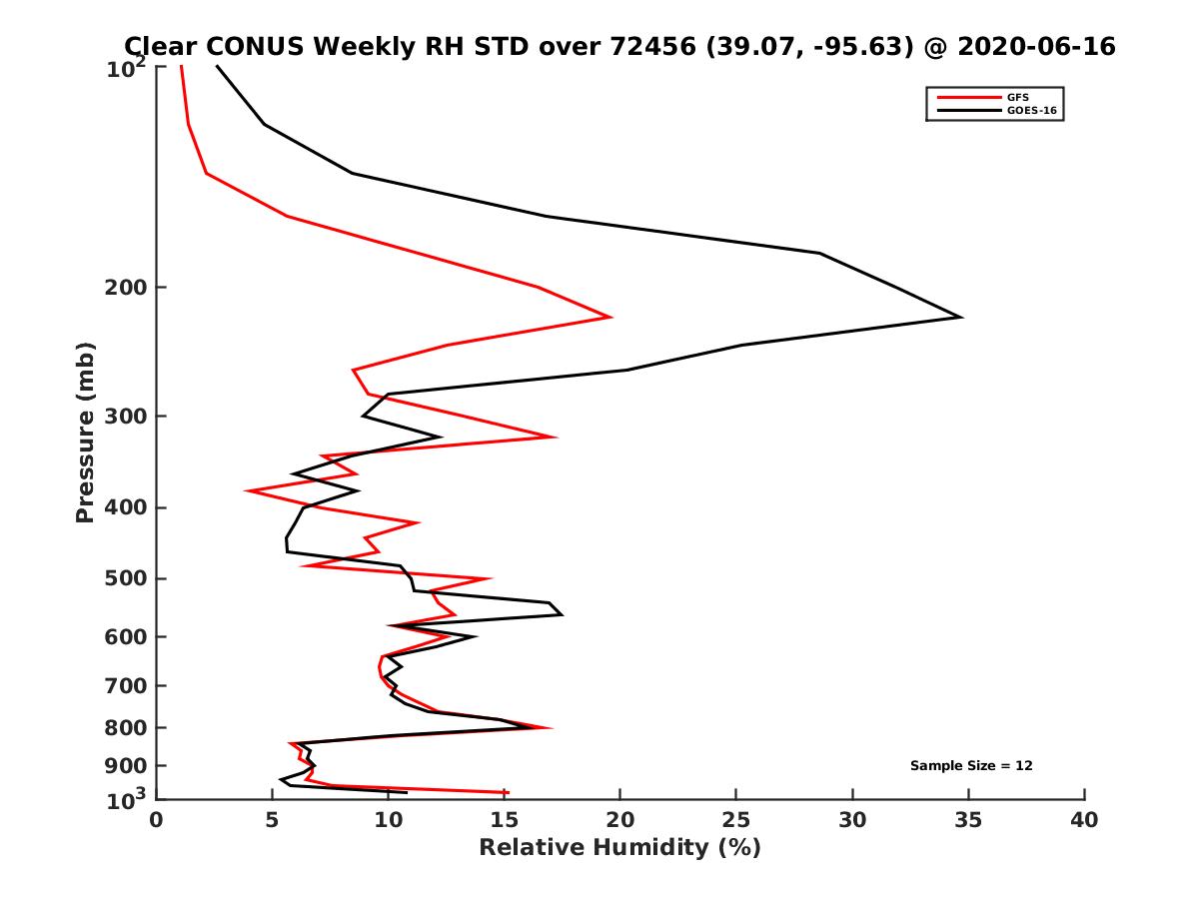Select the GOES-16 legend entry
1030,111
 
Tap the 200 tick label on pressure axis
127,288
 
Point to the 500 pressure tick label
127,578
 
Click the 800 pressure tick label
127,727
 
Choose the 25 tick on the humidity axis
736,821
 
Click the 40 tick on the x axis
1084,821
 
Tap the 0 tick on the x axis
156,821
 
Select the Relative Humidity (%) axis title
619,848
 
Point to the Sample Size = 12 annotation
971,766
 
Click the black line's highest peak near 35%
961,317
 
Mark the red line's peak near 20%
610,317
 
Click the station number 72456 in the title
648,46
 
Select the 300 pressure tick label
127,416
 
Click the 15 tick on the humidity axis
504,821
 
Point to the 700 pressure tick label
127,685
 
